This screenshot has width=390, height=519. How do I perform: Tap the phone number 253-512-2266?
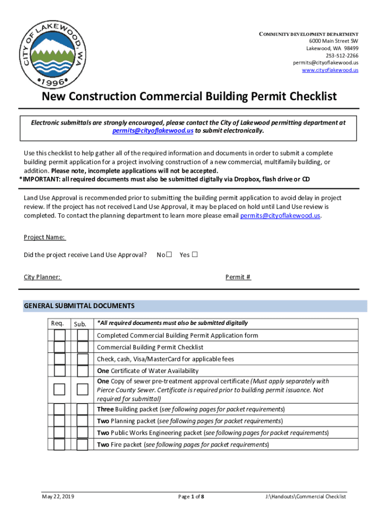coord(342,56)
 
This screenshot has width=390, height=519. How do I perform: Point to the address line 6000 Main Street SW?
coord(334,41)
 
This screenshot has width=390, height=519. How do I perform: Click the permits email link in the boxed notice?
coord(152,130)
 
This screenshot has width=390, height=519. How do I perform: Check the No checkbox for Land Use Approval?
coord(169,255)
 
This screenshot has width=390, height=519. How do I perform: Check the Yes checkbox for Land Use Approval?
coord(194,255)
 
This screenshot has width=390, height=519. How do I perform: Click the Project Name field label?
coord(45,238)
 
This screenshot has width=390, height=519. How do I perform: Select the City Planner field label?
coord(43,277)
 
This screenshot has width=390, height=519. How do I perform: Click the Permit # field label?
coord(238,277)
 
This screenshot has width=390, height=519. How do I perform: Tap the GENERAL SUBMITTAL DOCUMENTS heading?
coord(80,306)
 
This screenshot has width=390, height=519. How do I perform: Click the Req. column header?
coord(57,323)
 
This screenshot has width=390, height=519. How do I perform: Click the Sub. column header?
coord(80,324)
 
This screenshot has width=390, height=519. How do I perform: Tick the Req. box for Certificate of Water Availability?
coord(60,371)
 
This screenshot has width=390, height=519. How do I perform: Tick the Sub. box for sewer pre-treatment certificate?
coord(83,389)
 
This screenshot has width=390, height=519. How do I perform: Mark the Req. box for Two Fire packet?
coord(60,444)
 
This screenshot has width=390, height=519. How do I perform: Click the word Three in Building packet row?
coord(105,409)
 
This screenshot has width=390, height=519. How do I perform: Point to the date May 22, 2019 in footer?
coord(58,497)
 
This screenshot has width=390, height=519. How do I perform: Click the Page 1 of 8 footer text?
coord(191,497)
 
